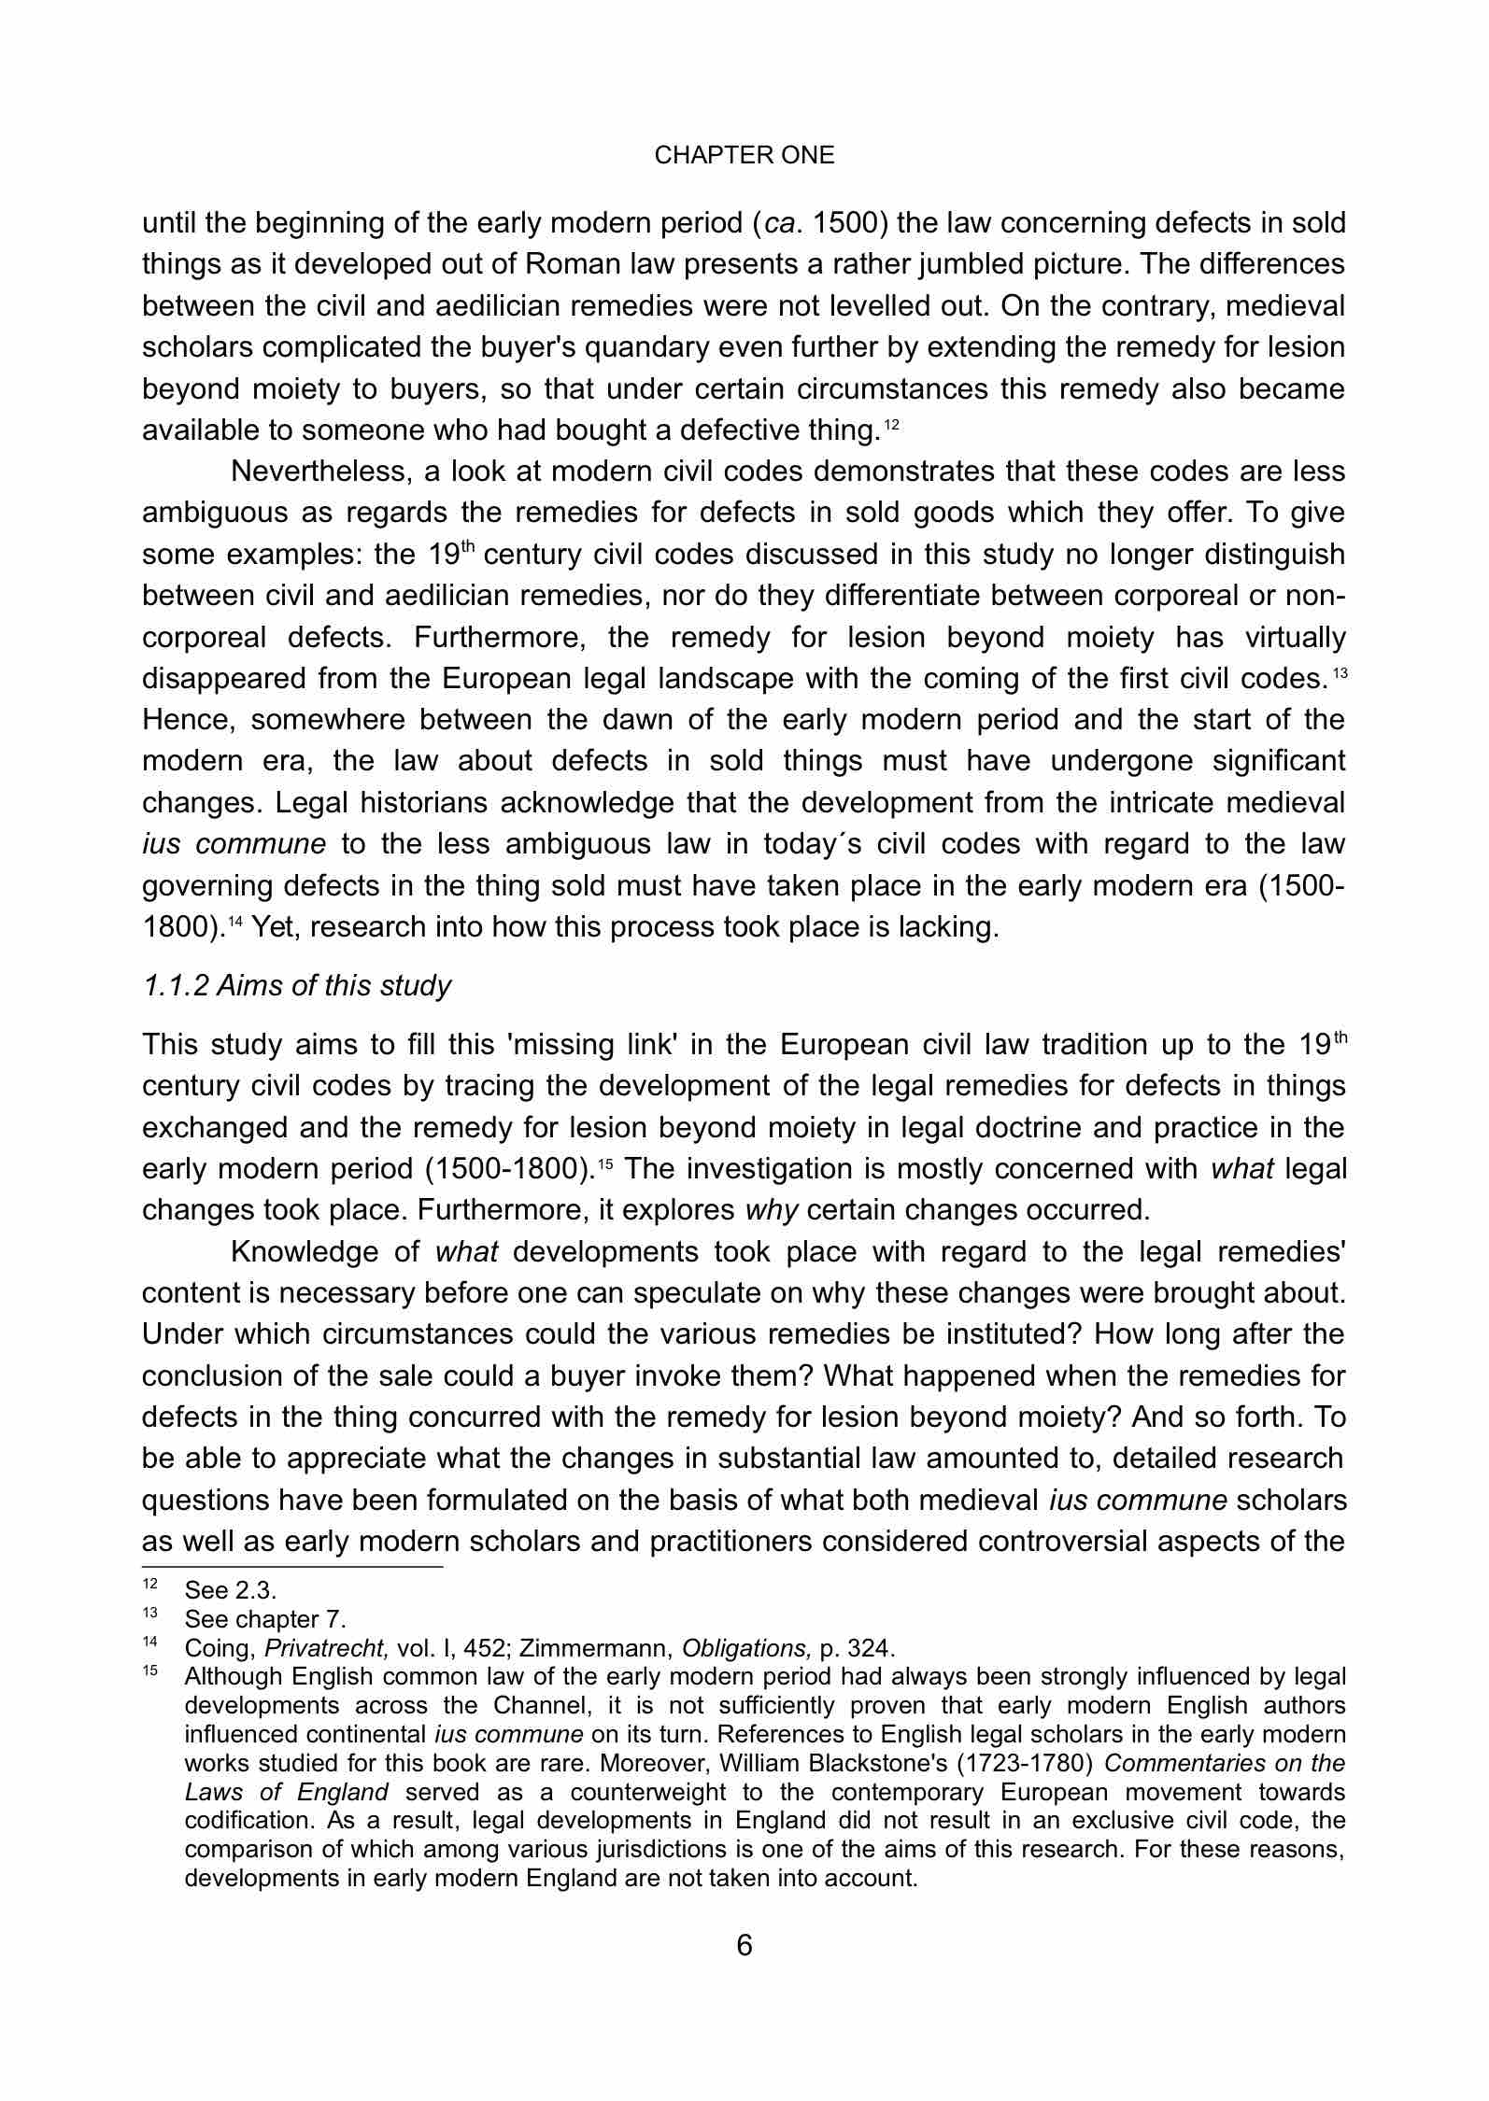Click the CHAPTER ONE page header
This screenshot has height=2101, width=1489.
(x=744, y=156)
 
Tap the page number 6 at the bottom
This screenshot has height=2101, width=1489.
(x=744, y=1945)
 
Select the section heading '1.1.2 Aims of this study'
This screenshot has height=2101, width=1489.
(x=297, y=985)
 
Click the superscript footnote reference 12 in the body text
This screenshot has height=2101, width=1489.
(x=891, y=426)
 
